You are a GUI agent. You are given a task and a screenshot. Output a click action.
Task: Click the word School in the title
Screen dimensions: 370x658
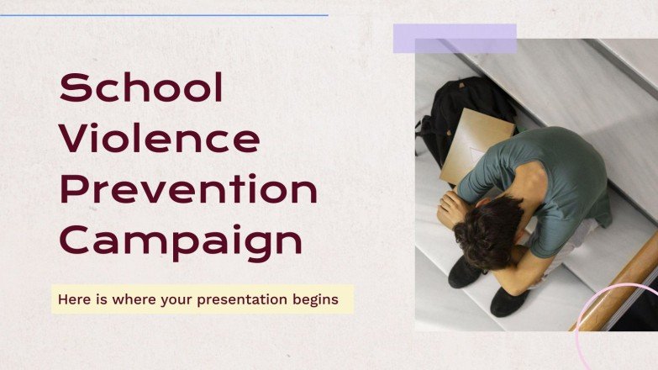click(x=141, y=87)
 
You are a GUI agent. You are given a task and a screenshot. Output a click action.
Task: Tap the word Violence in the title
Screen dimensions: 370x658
click(x=159, y=139)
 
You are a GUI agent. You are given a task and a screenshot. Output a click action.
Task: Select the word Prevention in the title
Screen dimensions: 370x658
click(x=188, y=190)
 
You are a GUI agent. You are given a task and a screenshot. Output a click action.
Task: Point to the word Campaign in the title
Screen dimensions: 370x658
click(x=181, y=242)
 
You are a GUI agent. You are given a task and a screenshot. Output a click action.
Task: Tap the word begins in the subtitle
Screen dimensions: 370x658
click(x=317, y=299)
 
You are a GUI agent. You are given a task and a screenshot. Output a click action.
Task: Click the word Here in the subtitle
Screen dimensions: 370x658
click(x=71, y=299)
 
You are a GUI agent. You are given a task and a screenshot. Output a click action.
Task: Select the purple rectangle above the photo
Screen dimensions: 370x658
click(x=455, y=39)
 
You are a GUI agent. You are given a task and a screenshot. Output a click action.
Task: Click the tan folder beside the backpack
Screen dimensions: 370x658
click(x=476, y=143)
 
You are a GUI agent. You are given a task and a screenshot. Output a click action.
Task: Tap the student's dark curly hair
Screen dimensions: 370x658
click(x=487, y=230)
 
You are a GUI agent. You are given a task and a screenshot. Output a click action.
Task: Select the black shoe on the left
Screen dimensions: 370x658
click(x=464, y=272)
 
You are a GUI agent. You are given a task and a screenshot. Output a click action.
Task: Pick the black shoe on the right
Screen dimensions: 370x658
click(x=510, y=301)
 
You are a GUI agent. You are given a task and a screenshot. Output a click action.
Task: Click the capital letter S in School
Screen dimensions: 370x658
click(x=74, y=87)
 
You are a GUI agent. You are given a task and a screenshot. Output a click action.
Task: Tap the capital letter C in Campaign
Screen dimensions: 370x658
click(x=75, y=242)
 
